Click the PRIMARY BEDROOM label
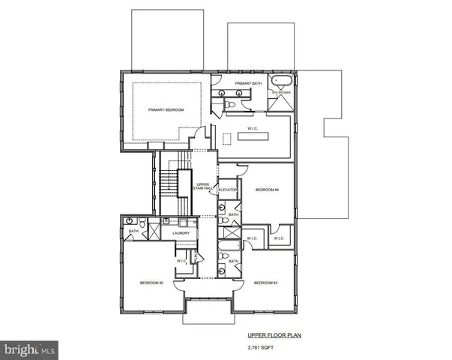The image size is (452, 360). (165, 110)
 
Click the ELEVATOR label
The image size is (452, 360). (227, 190)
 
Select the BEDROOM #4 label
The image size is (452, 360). (266, 190)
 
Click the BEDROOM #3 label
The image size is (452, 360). (265, 283)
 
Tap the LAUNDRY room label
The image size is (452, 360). (181, 233)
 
